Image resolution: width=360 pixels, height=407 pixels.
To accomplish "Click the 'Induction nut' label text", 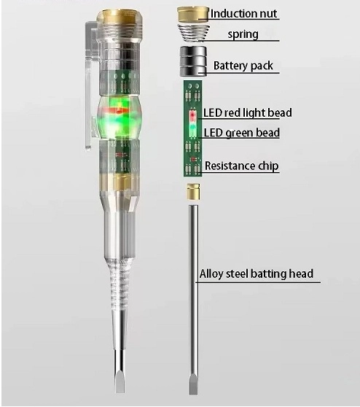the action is pos(243,14).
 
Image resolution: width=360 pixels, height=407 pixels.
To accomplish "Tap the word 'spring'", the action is pos(243,34).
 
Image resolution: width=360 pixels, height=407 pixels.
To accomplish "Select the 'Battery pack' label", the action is pos(243,66).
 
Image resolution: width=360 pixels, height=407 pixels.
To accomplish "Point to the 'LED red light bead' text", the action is pos(248,112).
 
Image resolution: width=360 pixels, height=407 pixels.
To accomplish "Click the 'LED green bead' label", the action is pos(242,133).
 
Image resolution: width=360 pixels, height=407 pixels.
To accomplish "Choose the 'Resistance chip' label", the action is pos(242,166).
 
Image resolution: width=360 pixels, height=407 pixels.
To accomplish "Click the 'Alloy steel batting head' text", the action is pos(257,274).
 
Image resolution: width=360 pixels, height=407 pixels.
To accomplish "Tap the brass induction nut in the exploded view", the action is pos(192,15).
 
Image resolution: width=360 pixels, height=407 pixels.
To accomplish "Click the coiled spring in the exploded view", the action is pos(192,32).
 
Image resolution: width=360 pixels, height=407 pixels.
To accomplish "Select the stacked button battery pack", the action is pos(193,61).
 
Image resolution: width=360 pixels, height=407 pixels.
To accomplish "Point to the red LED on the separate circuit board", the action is pos(192,115).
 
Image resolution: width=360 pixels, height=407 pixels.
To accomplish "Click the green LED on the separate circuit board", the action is pos(192,128).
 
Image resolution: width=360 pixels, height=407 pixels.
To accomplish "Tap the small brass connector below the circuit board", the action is pos(193,192).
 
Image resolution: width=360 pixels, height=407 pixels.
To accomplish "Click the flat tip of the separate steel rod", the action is pos(193,384).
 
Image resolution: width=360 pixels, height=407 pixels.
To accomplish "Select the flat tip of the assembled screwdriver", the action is pos(120,381).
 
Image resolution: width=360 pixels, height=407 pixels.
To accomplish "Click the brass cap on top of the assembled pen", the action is pos(120,16).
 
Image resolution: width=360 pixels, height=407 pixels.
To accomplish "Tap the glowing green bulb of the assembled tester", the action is pos(120,118).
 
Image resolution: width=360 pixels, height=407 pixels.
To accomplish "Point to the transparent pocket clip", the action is pos(90,85).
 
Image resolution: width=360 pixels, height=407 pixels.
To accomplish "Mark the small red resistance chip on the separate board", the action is pos(193,159).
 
